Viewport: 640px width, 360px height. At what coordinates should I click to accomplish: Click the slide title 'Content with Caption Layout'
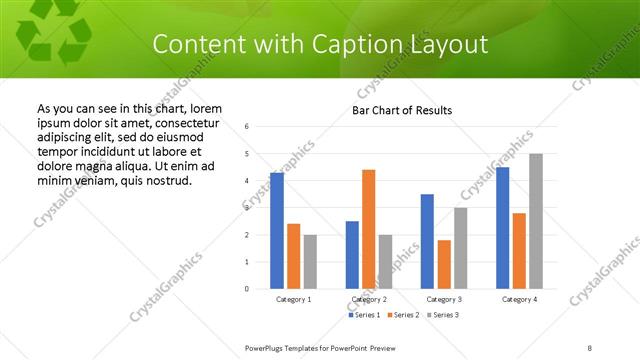pos(320,45)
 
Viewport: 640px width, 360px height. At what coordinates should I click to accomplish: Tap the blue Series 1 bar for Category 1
pos(277,231)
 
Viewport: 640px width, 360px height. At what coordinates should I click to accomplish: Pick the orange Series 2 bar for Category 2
pos(369,229)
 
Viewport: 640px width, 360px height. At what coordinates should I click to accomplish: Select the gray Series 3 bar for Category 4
pos(536,221)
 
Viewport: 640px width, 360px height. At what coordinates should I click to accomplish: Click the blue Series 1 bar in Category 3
pos(427,241)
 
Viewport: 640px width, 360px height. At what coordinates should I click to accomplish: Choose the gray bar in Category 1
pos(310,262)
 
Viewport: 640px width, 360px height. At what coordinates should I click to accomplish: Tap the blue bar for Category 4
pos(502,228)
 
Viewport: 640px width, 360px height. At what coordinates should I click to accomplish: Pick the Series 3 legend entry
pos(444,316)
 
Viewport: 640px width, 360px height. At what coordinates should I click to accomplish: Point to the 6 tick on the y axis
pos(247,127)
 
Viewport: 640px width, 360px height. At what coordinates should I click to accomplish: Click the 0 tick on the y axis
pos(247,289)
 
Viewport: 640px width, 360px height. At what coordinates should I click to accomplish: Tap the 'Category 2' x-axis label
pos(369,300)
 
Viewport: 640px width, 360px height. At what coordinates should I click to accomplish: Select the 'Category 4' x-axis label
pos(519,300)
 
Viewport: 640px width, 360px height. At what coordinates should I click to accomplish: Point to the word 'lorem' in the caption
pos(205,108)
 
